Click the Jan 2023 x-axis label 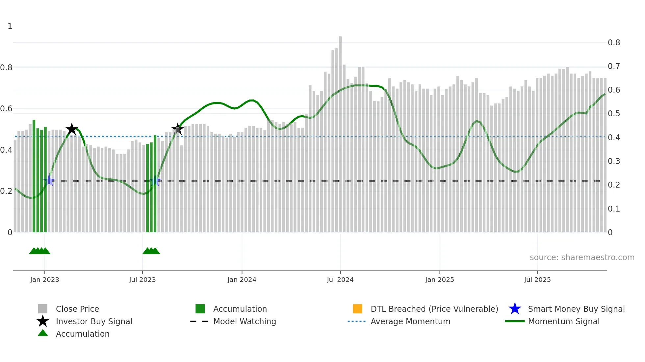[x=44, y=280]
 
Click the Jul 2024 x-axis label [x=340, y=280]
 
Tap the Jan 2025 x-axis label [x=439, y=280]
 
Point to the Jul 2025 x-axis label [x=537, y=280]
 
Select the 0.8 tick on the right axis [x=614, y=43]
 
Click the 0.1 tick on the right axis [x=614, y=209]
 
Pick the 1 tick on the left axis [x=10, y=26]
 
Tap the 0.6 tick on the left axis [x=6, y=109]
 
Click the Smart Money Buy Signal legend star [x=515, y=309]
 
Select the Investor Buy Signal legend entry [x=94, y=321]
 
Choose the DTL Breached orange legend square [x=357, y=309]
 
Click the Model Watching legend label [x=245, y=321]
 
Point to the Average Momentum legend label [x=410, y=321]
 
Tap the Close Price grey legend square [x=43, y=309]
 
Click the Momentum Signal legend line [x=515, y=321]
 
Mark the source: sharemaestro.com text [x=582, y=258]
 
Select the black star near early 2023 [x=71, y=129]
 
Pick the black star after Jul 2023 [x=177, y=129]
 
